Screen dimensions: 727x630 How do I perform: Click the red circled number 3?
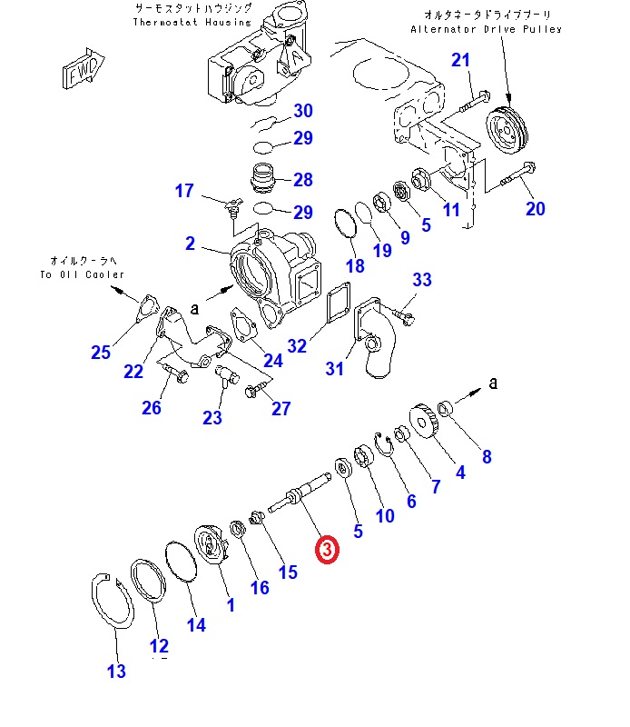click(326, 550)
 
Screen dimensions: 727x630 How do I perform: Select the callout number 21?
click(461, 61)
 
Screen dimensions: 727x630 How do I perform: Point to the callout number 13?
click(116, 672)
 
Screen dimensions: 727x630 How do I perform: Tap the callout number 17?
click(184, 191)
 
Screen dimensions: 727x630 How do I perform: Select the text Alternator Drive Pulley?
click(486, 29)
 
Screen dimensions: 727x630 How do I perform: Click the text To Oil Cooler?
click(82, 274)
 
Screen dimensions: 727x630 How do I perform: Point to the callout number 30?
click(302, 111)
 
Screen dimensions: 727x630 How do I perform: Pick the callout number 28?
click(302, 179)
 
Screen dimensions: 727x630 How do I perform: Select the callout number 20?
click(536, 209)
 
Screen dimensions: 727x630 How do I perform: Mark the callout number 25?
click(100, 353)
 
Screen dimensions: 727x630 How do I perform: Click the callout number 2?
click(190, 243)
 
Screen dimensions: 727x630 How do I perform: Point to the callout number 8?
click(487, 457)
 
